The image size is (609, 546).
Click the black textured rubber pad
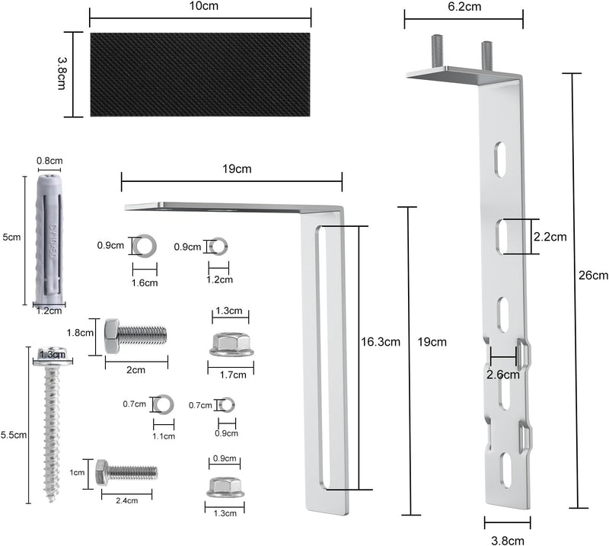point(200,74)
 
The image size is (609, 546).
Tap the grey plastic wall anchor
point(49,238)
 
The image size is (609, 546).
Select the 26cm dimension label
point(593,275)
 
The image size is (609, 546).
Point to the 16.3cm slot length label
point(381,342)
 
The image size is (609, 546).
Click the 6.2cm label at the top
point(464,7)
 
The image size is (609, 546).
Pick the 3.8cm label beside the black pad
point(62,74)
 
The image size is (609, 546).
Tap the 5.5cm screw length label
point(14,435)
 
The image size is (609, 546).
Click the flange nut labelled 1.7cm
point(231,344)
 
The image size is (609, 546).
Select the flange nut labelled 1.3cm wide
point(225,487)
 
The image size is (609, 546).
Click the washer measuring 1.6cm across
point(145,246)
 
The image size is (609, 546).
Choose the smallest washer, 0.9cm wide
point(227,405)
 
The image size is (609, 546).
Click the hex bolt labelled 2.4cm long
point(126,472)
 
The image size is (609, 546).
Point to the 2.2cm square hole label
point(550,237)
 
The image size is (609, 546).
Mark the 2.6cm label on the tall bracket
point(503,375)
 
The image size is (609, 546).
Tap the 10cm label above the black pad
point(204,6)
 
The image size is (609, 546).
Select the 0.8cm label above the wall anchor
point(49,161)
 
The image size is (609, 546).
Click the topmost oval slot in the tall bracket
point(500,158)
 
